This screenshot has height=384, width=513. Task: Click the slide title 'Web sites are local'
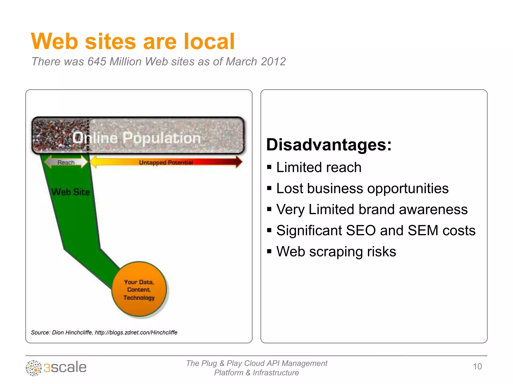[x=133, y=41]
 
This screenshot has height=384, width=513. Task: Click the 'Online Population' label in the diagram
[x=137, y=138]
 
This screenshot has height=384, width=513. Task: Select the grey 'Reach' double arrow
[x=66, y=162]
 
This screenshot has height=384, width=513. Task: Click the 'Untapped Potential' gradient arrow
[x=166, y=162]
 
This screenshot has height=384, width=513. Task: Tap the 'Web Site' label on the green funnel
[x=71, y=192]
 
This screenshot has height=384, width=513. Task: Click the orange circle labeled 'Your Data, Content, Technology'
[x=139, y=289]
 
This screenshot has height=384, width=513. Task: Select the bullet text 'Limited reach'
[x=319, y=167]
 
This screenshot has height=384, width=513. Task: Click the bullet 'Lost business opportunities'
[x=362, y=188]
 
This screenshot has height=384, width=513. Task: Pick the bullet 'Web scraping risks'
[x=336, y=251]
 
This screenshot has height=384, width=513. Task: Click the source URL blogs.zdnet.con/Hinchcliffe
[x=136, y=332]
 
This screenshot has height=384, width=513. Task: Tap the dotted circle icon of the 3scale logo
[x=34, y=368]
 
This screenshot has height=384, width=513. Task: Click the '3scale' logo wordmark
[x=65, y=367]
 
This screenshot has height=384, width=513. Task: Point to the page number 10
[x=477, y=366]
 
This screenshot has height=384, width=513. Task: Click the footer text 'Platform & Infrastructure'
[x=256, y=373]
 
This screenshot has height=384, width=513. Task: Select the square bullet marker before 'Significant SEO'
[x=269, y=230]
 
